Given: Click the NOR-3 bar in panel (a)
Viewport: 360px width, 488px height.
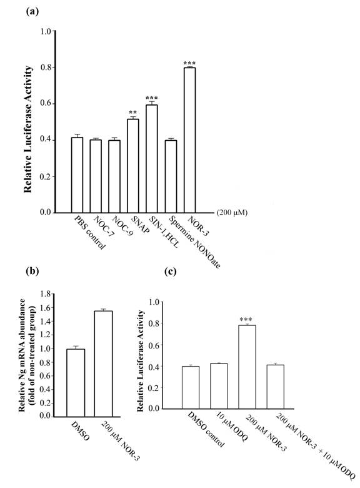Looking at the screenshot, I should tap(189, 140).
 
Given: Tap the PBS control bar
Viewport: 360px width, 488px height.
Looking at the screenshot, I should tap(77, 175).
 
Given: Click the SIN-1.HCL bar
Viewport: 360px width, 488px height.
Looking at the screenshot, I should tap(151, 159).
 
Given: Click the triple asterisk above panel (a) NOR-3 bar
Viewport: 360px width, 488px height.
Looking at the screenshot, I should tap(189, 63).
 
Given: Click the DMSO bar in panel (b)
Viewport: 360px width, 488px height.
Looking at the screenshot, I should tap(75, 382).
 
